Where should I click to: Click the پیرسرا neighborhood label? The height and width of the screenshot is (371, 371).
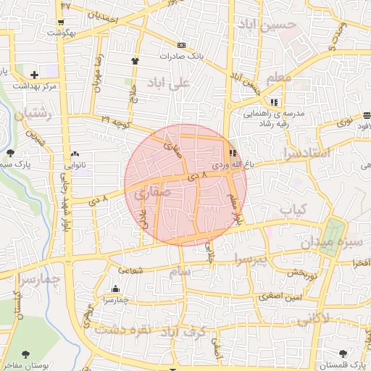tap(251, 259)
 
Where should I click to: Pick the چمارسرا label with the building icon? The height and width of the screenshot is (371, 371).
tap(115, 299)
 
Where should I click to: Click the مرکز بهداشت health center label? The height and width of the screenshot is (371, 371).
tap(34, 86)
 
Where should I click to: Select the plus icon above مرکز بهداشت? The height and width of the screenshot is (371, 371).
tap(34, 74)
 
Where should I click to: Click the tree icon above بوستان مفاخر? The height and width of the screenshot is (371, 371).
tap(26, 354)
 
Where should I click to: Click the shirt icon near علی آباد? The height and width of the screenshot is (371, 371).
tap(135, 61)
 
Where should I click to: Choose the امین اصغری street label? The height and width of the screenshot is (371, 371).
tap(293, 297)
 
